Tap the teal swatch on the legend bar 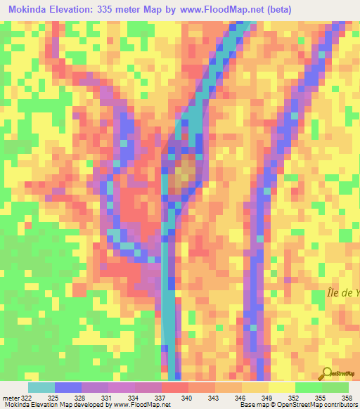(x=41, y=387)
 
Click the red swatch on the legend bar (x=174, y=387)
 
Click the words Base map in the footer (x=252, y=405)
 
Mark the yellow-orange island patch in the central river (x=186, y=172)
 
